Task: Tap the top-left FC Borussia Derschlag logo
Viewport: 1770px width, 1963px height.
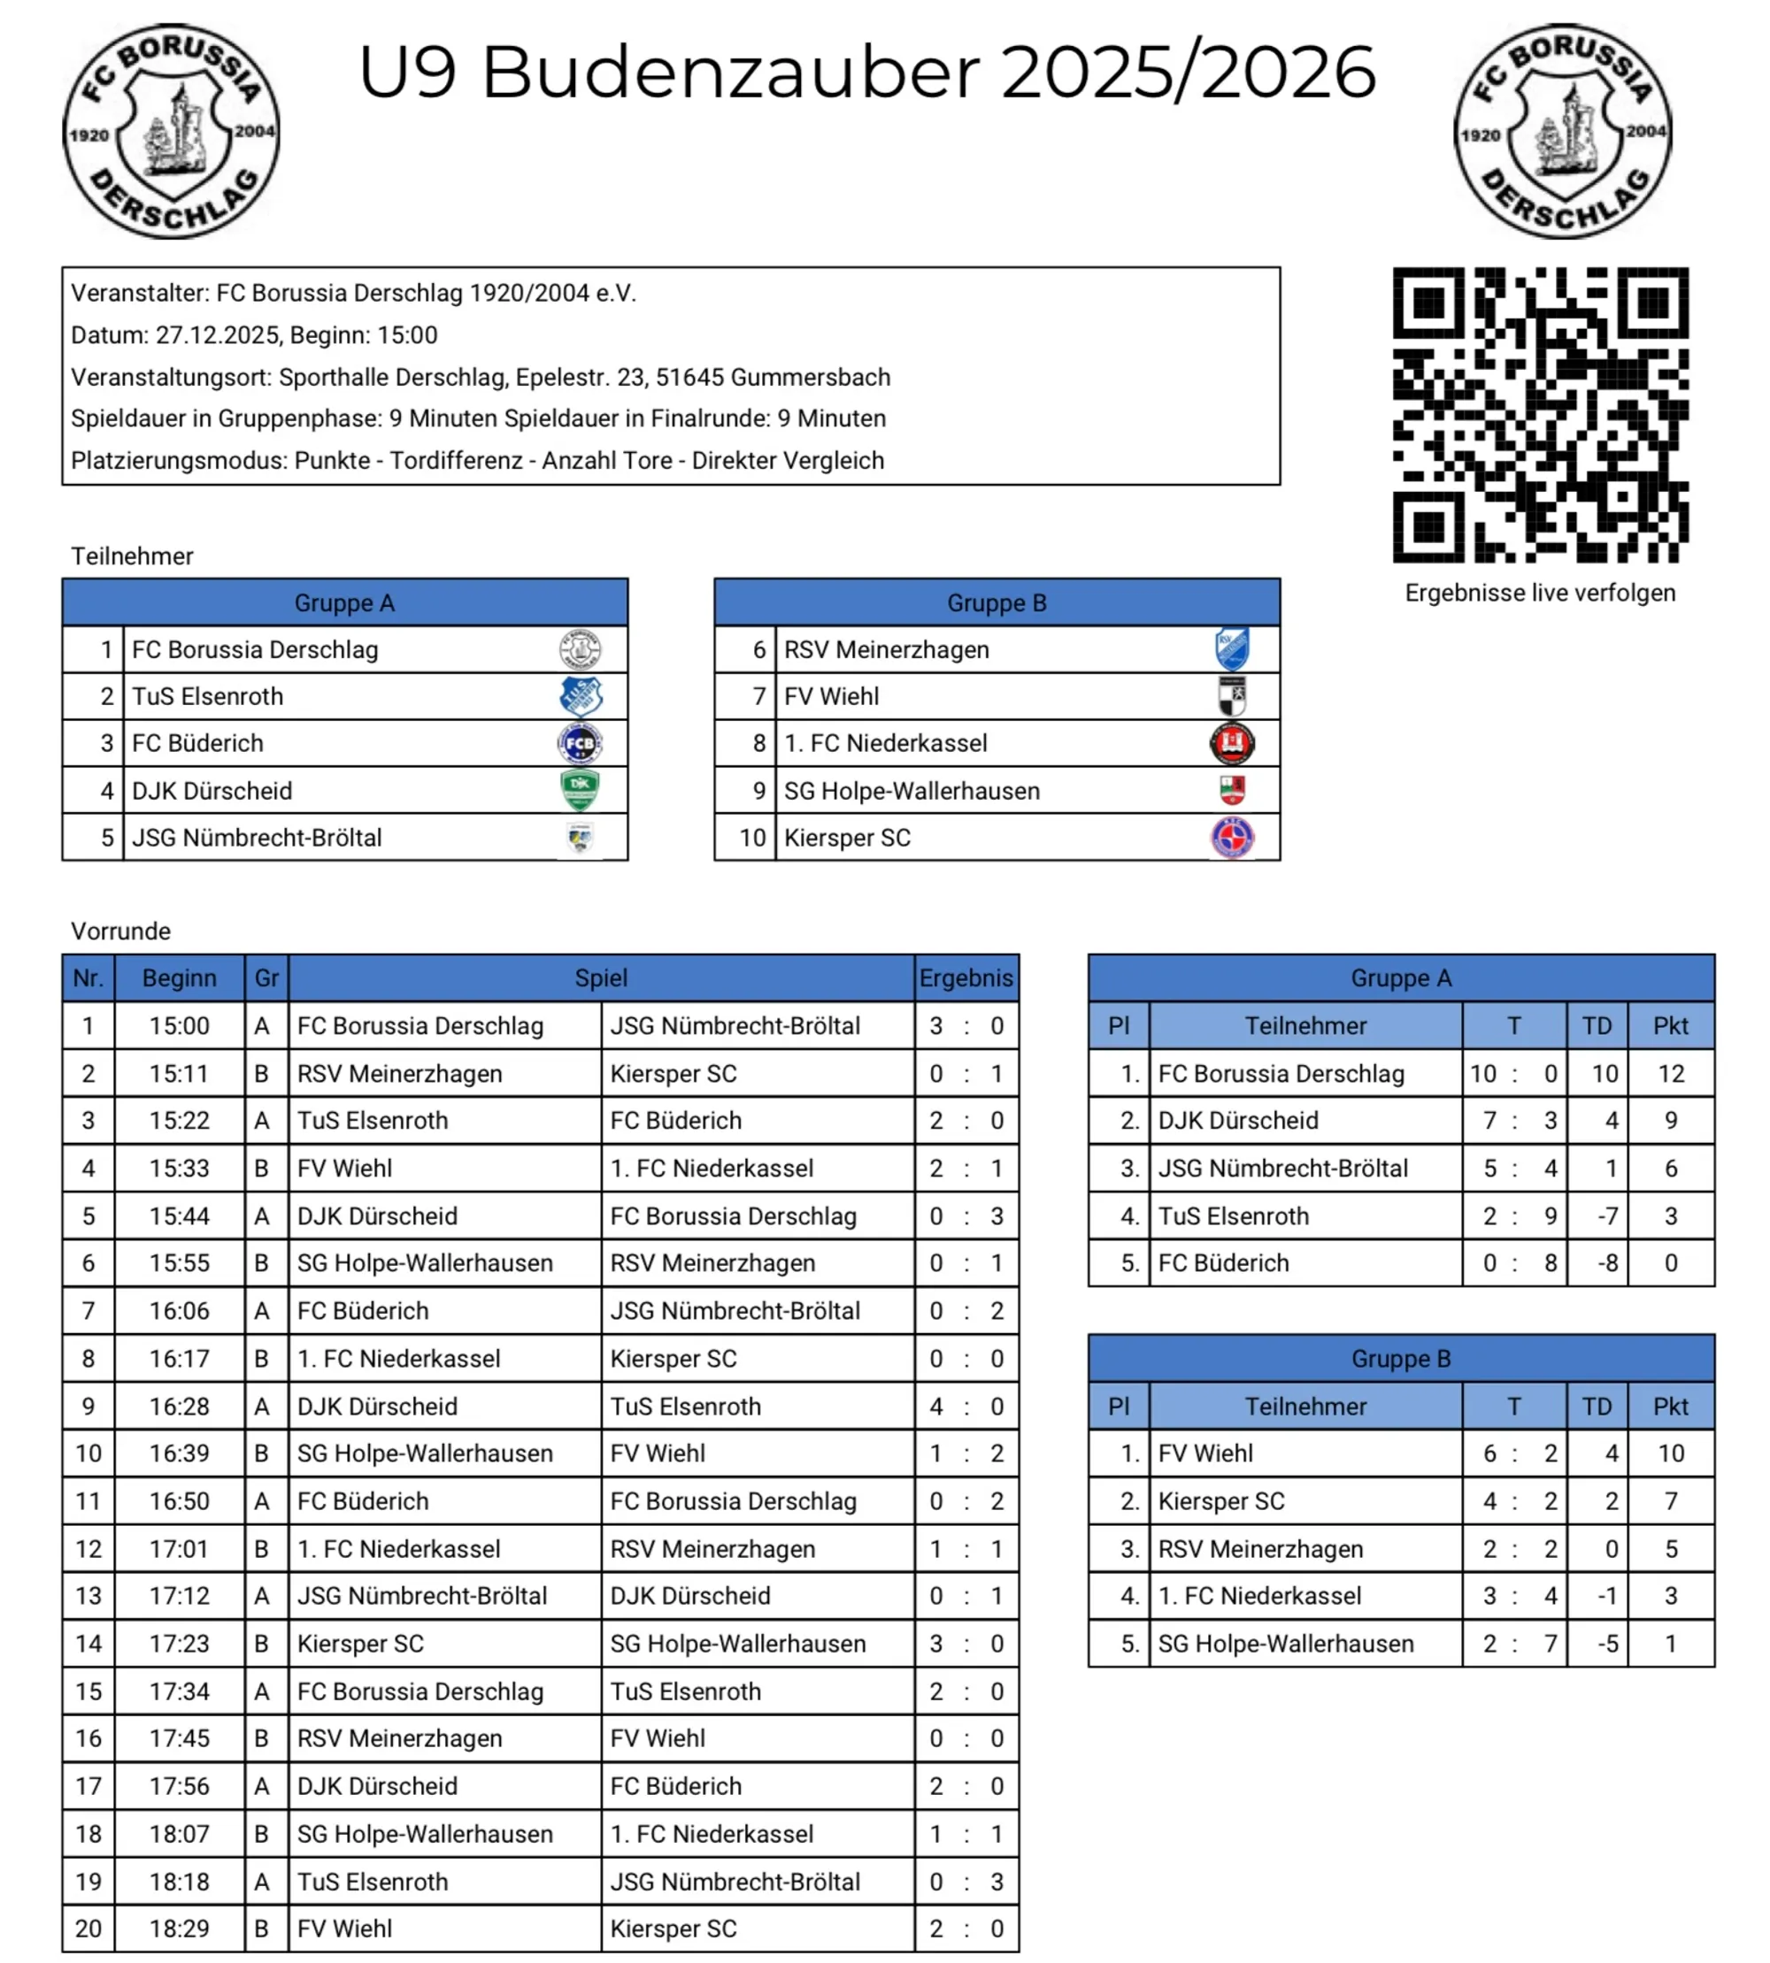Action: click(171, 131)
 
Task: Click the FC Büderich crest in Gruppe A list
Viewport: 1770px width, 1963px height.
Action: click(580, 744)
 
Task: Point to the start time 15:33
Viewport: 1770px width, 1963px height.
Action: click(179, 1168)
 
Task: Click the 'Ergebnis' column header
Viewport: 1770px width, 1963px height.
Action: click(966, 978)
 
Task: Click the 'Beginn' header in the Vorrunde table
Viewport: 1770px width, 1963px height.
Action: click(179, 978)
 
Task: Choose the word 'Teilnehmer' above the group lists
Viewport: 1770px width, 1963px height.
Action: click(132, 556)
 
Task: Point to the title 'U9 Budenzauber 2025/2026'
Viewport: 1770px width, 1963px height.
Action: click(866, 72)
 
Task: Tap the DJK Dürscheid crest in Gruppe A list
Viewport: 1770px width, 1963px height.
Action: click(580, 791)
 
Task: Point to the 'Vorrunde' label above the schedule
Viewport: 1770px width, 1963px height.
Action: click(120, 932)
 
